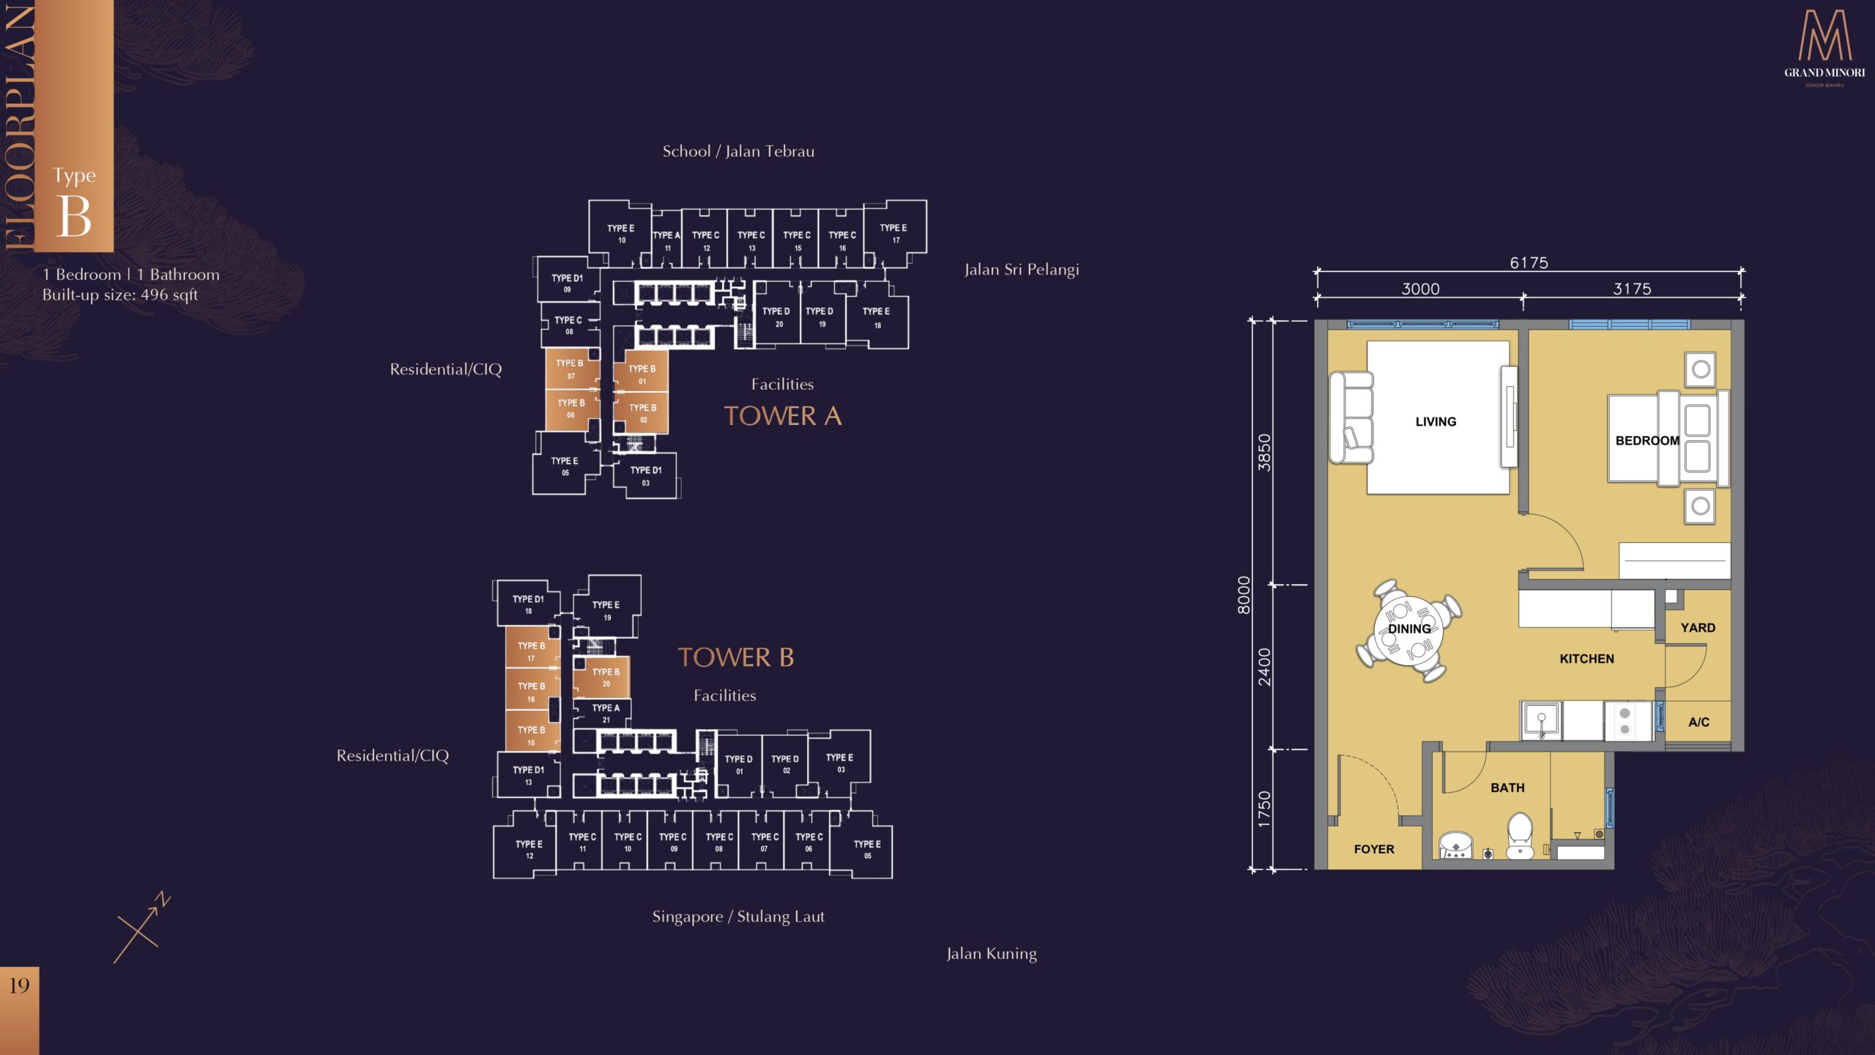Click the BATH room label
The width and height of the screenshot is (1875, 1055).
(1507, 788)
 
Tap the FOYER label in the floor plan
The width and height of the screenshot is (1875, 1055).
(1374, 849)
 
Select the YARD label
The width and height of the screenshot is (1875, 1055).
(1698, 628)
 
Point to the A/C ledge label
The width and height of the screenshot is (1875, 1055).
(1698, 722)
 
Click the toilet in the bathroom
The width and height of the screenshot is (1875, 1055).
(1520, 835)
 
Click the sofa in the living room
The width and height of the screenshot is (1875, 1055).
(1351, 418)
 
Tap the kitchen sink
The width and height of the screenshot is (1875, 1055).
(1542, 721)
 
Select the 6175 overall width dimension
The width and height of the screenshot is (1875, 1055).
(1529, 262)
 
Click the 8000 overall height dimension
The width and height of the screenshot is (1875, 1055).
(1244, 595)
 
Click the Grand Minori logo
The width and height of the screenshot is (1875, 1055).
(1824, 48)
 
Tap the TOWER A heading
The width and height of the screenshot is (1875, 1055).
(783, 416)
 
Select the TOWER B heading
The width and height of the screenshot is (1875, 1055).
(736, 657)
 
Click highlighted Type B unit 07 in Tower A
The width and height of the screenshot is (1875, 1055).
(572, 369)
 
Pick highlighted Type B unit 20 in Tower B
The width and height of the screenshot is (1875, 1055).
(601, 678)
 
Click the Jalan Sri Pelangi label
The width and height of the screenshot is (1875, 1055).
(1022, 270)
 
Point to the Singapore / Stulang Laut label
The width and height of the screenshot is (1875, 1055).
(738, 917)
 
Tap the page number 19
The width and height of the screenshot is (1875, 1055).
(19, 985)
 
